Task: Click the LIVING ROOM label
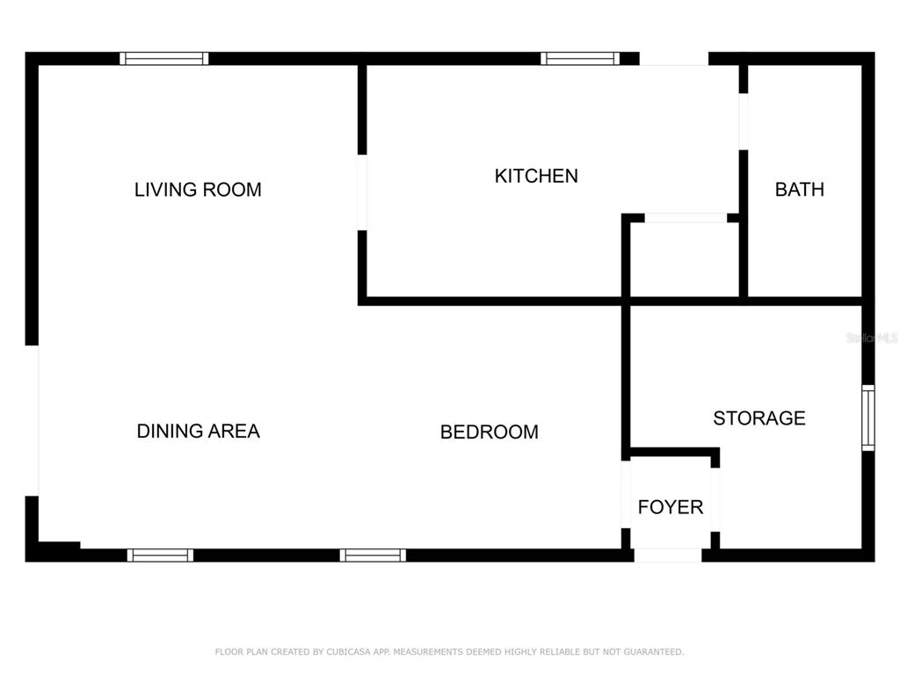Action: pyautogui.click(x=198, y=190)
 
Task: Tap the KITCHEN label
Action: pyautogui.click(x=536, y=176)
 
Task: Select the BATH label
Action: pyautogui.click(x=800, y=190)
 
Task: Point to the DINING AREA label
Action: pyautogui.click(x=199, y=431)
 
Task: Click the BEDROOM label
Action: pyautogui.click(x=490, y=432)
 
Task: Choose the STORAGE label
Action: pyautogui.click(x=759, y=417)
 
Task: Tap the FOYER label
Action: pyautogui.click(x=671, y=507)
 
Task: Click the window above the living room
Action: pyautogui.click(x=164, y=59)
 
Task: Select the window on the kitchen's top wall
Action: pyautogui.click(x=580, y=59)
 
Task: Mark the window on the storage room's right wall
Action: pyautogui.click(x=868, y=417)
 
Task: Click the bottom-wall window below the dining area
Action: pyautogui.click(x=160, y=555)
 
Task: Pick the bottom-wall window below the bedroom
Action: pyautogui.click(x=373, y=555)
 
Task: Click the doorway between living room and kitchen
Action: pyautogui.click(x=362, y=192)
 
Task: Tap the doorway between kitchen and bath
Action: pyautogui.click(x=744, y=121)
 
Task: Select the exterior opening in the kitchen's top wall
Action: pyautogui.click(x=674, y=59)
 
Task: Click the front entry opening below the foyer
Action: pyautogui.click(x=668, y=555)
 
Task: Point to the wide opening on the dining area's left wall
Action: pyautogui.click(x=33, y=421)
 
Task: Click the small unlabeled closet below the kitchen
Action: pyautogui.click(x=684, y=259)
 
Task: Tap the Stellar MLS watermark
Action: pyautogui.click(x=872, y=337)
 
